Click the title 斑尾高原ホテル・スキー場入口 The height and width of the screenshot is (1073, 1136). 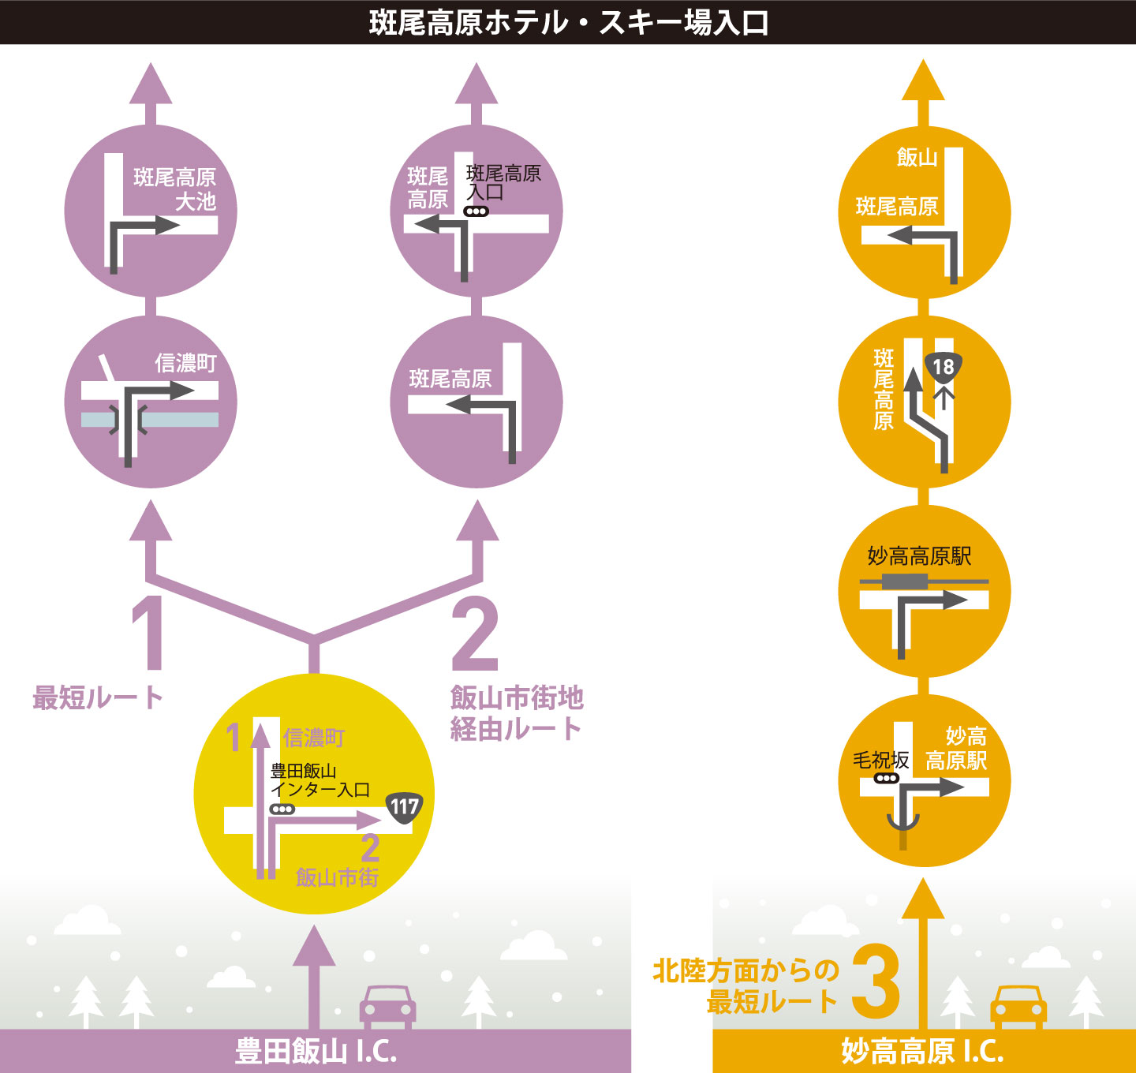(x=569, y=23)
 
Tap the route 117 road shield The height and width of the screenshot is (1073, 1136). (x=405, y=807)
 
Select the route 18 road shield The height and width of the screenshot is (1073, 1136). (x=944, y=367)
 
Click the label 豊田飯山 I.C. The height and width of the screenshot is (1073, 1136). (x=316, y=1050)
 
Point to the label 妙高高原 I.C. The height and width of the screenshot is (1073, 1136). (x=922, y=1050)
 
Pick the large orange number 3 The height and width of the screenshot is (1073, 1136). (x=876, y=981)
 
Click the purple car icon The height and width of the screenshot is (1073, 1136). (x=388, y=1007)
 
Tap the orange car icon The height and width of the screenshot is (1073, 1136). (x=1018, y=1007)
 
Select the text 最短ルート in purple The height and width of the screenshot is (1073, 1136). (x=99, y=698)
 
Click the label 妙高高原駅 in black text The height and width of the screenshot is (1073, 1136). (x=919, y=555)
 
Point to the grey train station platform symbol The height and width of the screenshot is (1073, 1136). (x=904, y=582)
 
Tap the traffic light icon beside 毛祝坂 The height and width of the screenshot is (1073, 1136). (x=886, y=778)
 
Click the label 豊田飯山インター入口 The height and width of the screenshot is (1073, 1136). (x=320, y=780)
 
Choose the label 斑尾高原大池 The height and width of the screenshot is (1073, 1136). (x=175, y=189)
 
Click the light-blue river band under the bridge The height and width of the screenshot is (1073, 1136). (x=150, y=420)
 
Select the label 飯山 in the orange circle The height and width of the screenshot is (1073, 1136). (x=917, y=157)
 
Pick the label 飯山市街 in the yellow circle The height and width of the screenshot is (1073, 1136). (x=337, y=877)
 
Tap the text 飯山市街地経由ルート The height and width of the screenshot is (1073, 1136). (x=517, y=713)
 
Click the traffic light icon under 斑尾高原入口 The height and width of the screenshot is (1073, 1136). (x=476, y=211)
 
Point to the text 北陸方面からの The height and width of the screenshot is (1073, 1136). (x=745, y=971)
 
